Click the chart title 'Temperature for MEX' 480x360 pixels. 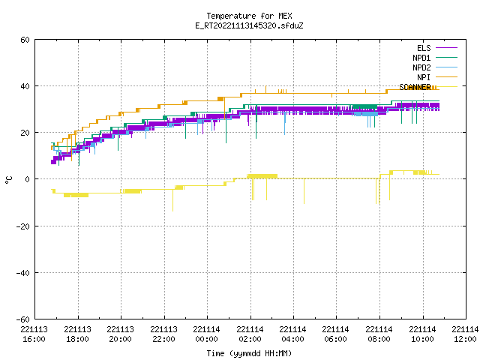(x=249, y=16)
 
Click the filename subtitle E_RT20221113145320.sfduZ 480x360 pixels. (x=249, y=25)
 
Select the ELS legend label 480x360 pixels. (x=424, y=48)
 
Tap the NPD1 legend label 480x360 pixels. (x=421, y=58)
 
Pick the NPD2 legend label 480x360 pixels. (x=421, y=67)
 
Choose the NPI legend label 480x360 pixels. (x=424, y=77)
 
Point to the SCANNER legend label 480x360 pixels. (x=415, y=87)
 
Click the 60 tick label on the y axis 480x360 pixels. (x=25, y=40)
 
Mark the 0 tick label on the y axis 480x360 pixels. (x=28, y=179)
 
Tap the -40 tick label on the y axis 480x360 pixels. (x=23, y=273)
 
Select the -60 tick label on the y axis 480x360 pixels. (x=23, y=319)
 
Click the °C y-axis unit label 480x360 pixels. (x=8, y=180)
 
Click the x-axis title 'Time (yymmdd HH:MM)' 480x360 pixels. (x=249, y=353)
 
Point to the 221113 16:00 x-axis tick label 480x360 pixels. (x=34, y=334)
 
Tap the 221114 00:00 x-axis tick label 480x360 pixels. (x=207, y=334)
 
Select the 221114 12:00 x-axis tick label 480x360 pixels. (x=465, y=334)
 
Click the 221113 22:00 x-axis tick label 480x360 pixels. (x=163, y=334)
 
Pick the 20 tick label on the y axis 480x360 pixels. (x=25, y=133)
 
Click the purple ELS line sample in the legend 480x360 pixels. (x=446, y=48)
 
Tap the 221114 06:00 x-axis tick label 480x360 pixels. (x=336, y=334)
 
